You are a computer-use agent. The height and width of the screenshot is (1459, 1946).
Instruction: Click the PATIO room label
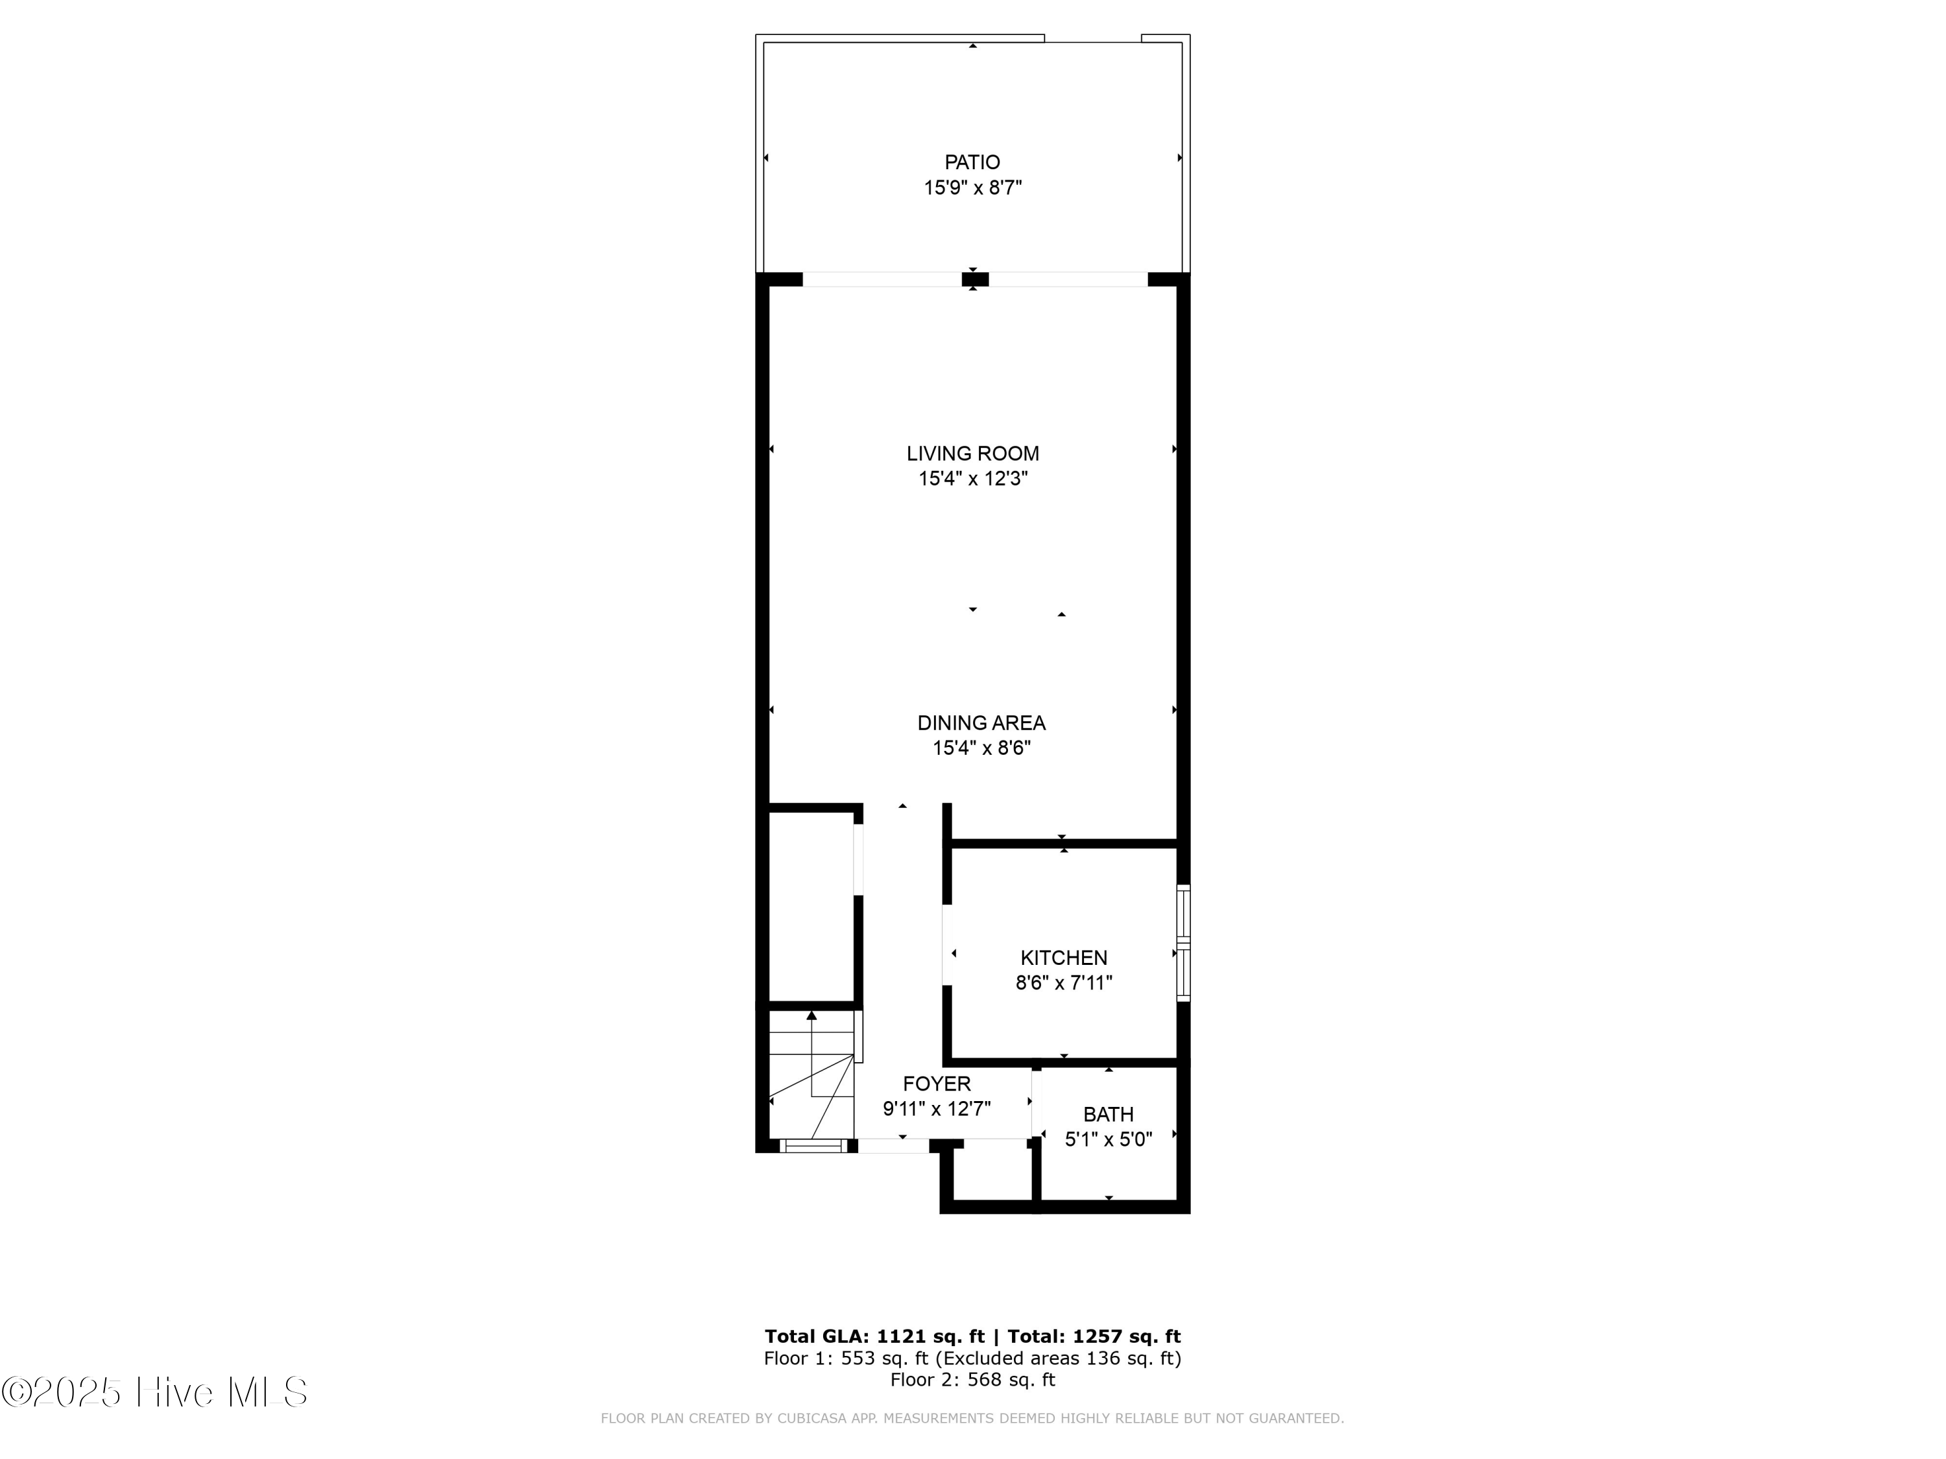pyautogui.click(x=972, y=162)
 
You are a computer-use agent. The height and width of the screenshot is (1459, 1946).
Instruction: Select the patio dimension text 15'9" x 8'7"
pyautogui.click(x=972, y=187)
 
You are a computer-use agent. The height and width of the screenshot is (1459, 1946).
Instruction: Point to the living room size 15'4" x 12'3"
pyautogui.click(x=972, y=479)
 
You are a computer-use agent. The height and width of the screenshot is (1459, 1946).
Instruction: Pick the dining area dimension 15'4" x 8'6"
pyautogui.click(x=981, y=748)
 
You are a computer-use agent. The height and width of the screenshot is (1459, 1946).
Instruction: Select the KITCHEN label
pyautogui.click(x=1064, y=957)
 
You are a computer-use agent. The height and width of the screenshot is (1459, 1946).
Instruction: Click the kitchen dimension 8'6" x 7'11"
pyautogui.click(x=1064, y=982)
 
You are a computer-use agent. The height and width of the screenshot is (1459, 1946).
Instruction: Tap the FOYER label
pyautogui.click(x=936, y=1084)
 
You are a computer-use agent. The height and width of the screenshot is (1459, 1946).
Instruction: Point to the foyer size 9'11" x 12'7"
pyautogui.click(x=936, y=1109)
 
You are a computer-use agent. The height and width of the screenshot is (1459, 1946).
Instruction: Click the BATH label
pyautogui.click(x=1108, y=1114)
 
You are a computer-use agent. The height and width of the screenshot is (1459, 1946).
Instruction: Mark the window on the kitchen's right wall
pyautogui.click(x=1183, y=943)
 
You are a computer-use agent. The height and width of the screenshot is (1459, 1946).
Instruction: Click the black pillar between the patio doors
pyautogui.click(x=975, y=279)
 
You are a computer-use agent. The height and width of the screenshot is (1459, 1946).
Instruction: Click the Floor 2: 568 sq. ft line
pyautogui.click(x=972, y=1379)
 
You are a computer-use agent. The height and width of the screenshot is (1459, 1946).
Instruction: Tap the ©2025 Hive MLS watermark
pyautogui.click(x=154, y=1392)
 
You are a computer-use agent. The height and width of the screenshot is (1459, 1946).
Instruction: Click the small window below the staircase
pyautogui.click(x=812, y=1145)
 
